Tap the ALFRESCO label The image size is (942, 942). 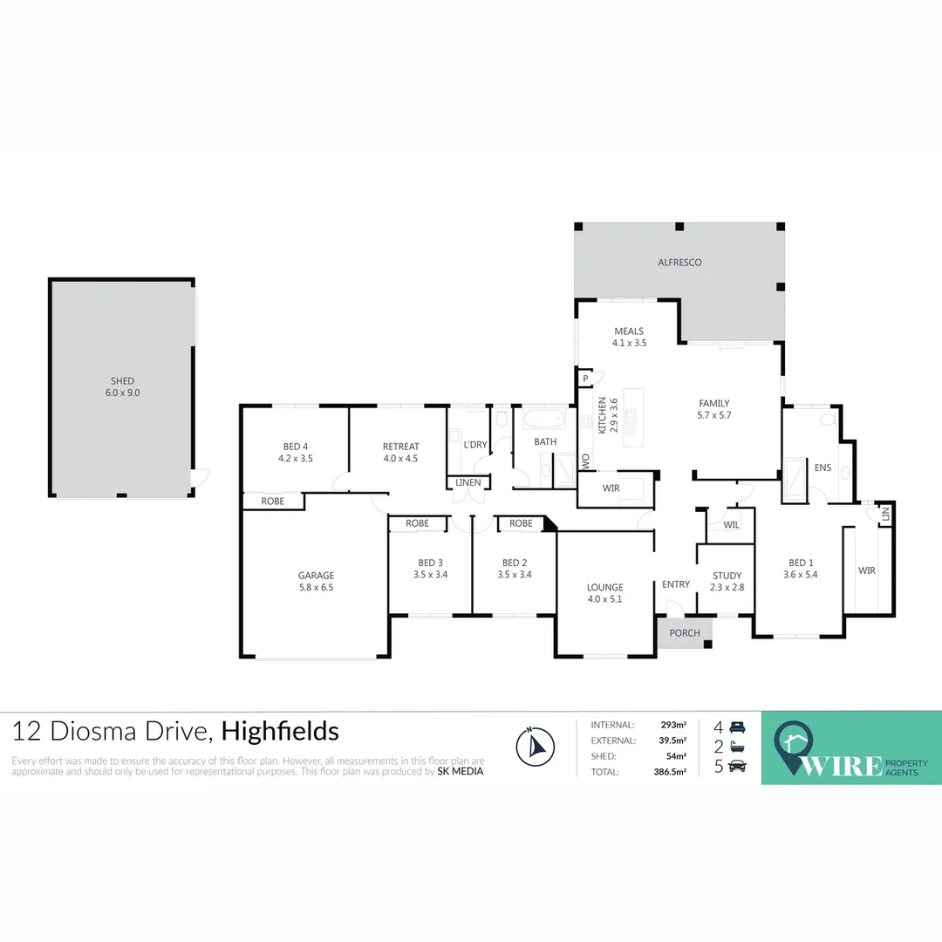[679, 262]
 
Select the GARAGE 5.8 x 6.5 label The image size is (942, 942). [316, 581]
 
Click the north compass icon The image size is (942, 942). [535, 747]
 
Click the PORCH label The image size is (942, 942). [685, 632]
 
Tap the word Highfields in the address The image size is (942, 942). [279, 730]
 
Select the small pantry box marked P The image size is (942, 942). [585, 379]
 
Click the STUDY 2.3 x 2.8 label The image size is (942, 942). [727, 581]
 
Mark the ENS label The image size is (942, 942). [823, 468]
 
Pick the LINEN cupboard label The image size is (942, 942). [468, 482]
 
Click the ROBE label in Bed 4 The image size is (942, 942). [273, 502]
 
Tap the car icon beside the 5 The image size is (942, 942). [738, 767]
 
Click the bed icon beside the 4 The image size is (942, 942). [738, 727]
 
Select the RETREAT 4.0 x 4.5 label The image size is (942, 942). [400, 452]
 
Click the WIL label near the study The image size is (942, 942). [731, 525]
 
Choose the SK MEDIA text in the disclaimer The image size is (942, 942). [461, 771]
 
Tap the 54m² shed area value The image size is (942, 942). [676, 756]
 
